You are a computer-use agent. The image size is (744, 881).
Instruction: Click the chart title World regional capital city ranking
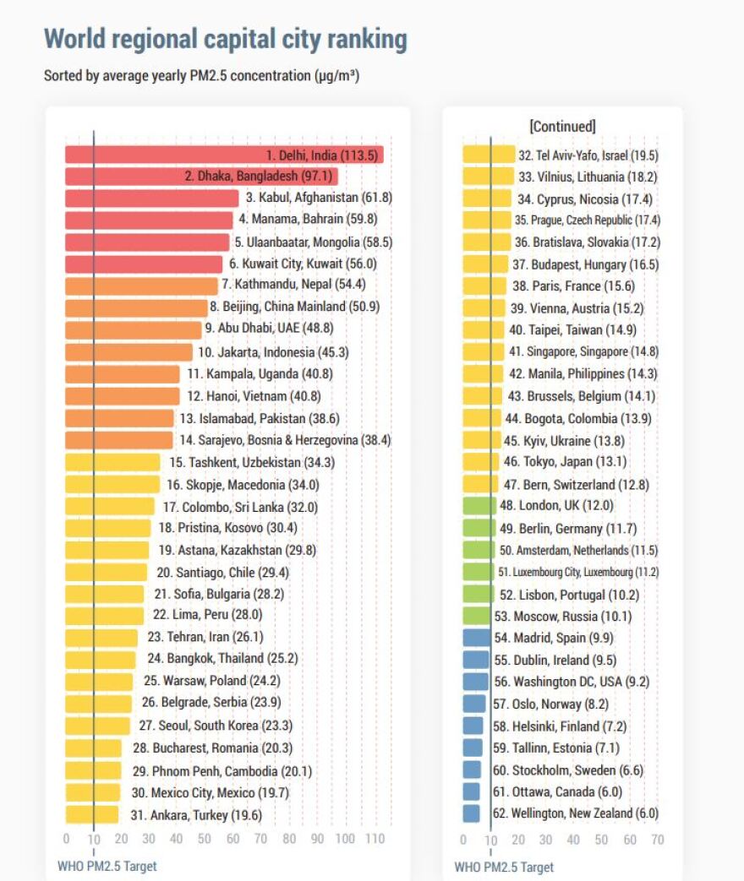tap(225, 39)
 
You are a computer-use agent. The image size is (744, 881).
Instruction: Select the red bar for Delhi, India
tap(161, 155)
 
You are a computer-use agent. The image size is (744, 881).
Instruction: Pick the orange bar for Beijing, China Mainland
tap(135, 307)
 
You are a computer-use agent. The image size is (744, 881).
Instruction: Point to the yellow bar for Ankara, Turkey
tap(91, 815)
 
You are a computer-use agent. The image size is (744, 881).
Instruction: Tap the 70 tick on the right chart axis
tap(657, 840)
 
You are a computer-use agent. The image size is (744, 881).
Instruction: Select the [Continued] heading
tap(562, 127)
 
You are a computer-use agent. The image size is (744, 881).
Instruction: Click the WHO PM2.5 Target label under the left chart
tap(107, 866)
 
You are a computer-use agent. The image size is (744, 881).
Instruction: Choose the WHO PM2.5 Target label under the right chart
tap(504, 867)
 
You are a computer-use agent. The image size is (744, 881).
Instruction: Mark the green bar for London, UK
tap(479, 506)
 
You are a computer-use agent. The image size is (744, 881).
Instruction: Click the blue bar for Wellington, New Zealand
tap(471, 814)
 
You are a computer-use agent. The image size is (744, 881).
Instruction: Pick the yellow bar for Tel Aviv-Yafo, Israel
tap(489, 155)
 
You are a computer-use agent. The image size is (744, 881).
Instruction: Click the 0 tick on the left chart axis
tap(66, 840)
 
